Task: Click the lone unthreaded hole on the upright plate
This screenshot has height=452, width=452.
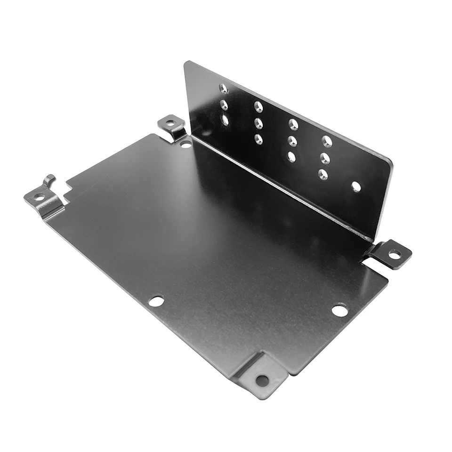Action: [x=356, y=187]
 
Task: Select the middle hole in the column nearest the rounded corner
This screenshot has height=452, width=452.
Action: [x=325, y=157]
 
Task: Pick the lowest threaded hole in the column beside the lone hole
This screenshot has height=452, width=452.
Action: [x=323, y=174]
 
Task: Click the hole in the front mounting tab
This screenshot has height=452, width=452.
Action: [x=262, y=380]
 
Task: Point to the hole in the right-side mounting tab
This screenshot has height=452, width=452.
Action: [x=395, y=254]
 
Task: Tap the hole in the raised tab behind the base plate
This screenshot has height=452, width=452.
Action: [x=170, y=123]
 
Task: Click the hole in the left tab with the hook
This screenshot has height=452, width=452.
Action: [x=39, y=197]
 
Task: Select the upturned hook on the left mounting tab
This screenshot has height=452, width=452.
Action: [x=49, y=179]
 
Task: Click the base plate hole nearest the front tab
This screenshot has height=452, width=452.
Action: [x=156, y=301]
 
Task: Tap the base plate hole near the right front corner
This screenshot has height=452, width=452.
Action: [x=339, y=310]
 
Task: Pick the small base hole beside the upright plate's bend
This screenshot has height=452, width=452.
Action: [x=186, y=144]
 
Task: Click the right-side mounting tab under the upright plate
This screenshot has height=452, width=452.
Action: [x=391, y=254]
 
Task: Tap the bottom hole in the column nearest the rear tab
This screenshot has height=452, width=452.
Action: [x=225, y=120]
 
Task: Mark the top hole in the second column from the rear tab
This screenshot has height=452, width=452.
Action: [x=258, y=106]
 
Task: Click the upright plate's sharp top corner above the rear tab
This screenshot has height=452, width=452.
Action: [x=187, y=63]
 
